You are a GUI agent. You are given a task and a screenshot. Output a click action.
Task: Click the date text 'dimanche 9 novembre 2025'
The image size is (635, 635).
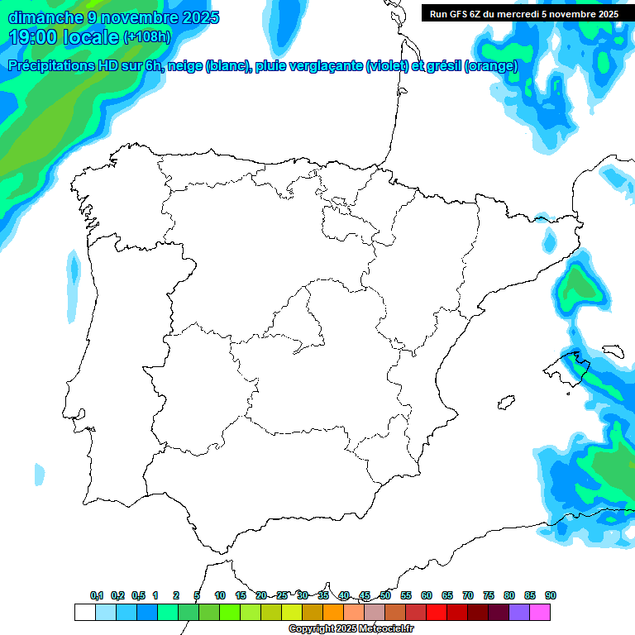coord(113,17)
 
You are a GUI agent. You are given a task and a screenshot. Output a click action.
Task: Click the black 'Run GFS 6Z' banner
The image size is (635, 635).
coord(524,13)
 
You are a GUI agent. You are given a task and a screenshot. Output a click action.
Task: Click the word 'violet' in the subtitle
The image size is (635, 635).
coord(385,67)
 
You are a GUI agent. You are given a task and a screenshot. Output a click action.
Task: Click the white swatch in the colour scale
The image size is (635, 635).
coord(84,612)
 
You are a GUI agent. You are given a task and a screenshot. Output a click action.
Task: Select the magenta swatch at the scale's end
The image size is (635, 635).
coord(540,612)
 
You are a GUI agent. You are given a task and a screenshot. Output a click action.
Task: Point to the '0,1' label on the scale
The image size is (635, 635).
coord(97,595)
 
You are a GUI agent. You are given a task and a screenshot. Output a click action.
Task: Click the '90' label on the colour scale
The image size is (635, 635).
coord(551,595)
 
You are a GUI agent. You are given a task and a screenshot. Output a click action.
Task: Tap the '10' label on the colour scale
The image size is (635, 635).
coord(220,595)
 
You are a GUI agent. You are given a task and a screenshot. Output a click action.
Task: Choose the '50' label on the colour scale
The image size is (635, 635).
coord(385,595)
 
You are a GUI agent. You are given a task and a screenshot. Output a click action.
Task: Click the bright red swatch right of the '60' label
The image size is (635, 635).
coord(437,612)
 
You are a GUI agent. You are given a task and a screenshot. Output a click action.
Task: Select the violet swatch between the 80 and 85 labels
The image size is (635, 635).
coord(519,612)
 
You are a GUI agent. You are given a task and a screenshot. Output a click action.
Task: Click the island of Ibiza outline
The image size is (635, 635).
coord(504,403)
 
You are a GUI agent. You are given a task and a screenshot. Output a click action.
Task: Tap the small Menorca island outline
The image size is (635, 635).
coord(613,351)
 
